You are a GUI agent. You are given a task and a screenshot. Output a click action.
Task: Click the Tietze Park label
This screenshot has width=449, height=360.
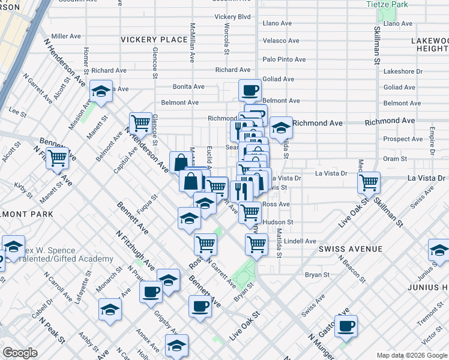pos(387,5)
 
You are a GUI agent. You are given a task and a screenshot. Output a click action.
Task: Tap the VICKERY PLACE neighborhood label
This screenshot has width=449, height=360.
pos(154,40)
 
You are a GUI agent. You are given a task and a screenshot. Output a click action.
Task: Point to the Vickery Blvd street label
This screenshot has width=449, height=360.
pos(232,17)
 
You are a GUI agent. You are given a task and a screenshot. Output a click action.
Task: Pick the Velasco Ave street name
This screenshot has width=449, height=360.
pos(281,41)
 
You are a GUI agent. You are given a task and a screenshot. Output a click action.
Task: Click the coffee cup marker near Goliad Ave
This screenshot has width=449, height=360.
pos(250,90)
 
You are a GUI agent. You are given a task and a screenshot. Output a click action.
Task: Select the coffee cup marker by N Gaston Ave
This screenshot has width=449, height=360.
pos(346,325)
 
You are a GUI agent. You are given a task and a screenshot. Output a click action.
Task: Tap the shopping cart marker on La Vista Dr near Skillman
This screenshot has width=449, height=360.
pos(369,181)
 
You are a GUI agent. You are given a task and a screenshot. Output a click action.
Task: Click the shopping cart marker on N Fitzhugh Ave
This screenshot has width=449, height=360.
pos(58,158)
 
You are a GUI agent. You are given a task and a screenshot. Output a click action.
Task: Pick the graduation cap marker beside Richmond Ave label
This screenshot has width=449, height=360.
pos(280,127)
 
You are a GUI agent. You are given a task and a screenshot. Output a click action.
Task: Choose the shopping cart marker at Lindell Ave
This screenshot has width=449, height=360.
pos(256,244)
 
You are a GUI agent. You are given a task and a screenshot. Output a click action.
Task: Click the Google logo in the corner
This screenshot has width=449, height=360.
pos(20,353)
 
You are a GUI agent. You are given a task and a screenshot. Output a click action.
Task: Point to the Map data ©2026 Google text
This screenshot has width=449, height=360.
pos(411,355)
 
